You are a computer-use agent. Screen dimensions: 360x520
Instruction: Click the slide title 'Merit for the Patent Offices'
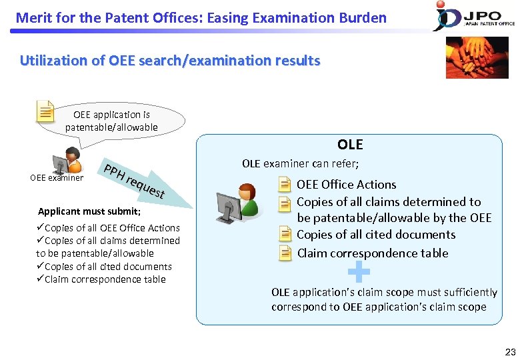(201, 17)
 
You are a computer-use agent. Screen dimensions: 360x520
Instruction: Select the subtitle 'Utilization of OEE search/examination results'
(170, 61)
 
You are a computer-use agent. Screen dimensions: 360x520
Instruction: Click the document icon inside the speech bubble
(45, 111)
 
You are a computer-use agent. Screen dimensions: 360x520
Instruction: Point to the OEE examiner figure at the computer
(67, 161)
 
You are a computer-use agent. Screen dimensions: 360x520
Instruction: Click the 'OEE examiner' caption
(57, 178)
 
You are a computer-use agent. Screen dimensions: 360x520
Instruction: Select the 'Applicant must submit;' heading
(89, 211)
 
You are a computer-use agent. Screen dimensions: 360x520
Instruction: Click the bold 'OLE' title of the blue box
(350, 145)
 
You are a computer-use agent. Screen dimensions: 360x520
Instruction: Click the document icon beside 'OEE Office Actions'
(285, 185)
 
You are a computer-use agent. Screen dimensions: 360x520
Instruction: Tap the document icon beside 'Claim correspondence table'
(285, 253)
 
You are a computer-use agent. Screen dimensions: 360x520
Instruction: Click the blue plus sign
(359, 271)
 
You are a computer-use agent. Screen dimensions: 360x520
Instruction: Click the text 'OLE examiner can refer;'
(300, 164)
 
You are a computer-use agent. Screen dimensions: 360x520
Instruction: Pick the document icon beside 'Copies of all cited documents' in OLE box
(285, 234)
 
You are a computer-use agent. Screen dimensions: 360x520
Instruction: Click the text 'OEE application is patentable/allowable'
(111, 121)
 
